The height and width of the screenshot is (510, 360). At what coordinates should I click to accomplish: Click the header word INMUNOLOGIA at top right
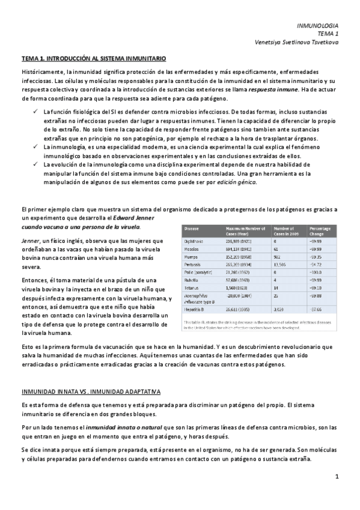(x=318, y=26)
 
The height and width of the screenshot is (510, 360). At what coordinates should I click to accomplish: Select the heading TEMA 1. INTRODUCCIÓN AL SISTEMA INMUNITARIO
(x=94, y=58)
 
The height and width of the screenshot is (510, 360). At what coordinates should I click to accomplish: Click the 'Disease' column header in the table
(x=192, y=229)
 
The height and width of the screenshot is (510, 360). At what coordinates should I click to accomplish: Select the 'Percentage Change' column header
(x=320, y=232)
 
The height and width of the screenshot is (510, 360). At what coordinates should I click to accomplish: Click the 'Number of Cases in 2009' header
(x=287, y=232)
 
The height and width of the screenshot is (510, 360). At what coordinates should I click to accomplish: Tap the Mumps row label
(x=192, y=256)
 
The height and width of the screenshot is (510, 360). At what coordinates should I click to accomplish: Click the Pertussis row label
(x=194, y=263)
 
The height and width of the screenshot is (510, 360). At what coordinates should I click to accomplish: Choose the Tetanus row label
(x=194, y=287)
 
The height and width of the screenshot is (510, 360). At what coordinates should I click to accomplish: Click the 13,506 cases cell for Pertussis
(x=281, y=263)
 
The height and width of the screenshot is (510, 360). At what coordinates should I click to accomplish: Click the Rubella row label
(x=193, y=280)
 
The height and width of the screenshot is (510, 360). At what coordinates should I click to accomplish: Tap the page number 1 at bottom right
(x=337, y=477)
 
